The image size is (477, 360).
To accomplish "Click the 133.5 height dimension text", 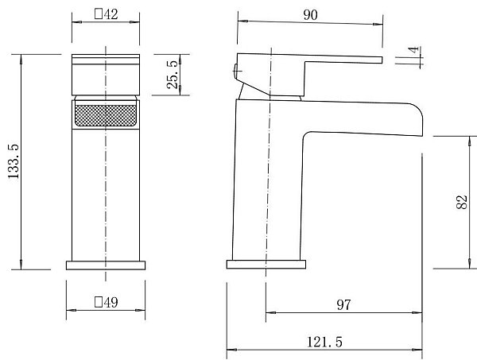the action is tap(14, 162).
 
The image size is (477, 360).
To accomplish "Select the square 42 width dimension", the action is tap(106, 14).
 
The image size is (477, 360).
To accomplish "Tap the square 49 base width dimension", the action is tap(106, 302).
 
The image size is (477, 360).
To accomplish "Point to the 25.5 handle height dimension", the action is tap(173, 75).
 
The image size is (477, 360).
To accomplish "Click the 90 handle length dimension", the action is tap(310, 15).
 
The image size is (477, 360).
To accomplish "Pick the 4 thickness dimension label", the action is tap(413, 50).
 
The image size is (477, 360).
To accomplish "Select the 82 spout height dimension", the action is tap(461, 202).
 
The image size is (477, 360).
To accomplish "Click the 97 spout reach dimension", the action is tap(343, 304).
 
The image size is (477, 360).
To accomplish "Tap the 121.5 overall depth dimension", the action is tap(324, 342).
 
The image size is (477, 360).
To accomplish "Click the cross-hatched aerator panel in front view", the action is tap(106, 115).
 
